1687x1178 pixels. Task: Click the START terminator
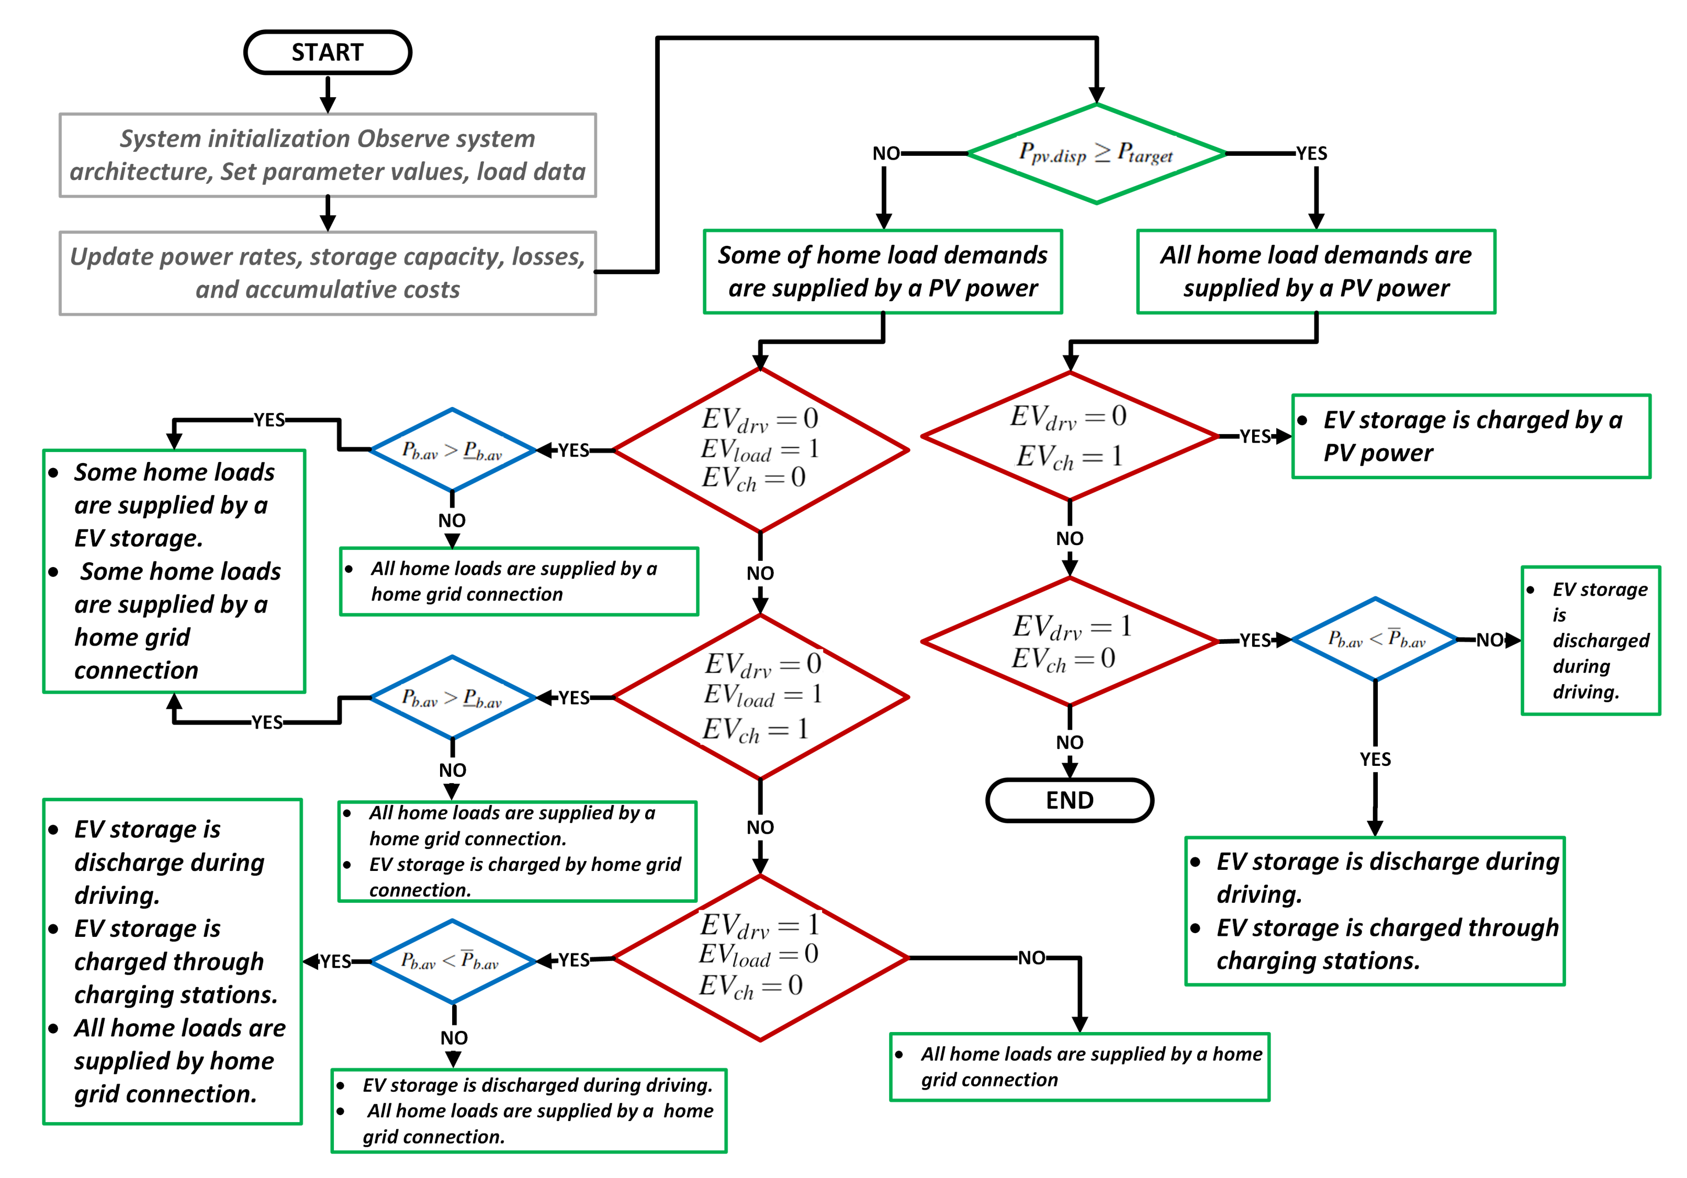[327, 52]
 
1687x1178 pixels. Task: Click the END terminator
[1069, 800]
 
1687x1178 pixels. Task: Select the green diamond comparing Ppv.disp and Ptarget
[1096, 153]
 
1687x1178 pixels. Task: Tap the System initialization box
[328, 155]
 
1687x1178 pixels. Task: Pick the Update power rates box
[328, 273]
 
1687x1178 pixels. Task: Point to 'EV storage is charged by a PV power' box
[1470, 436]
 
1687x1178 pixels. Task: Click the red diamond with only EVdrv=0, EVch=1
[1069, 436]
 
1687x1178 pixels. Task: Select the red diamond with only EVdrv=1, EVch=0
[1069, 641]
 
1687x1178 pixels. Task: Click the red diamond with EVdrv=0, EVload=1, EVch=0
[760, 449]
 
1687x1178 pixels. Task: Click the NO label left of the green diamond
[885, 153]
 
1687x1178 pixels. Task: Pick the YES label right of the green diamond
[1311, 153]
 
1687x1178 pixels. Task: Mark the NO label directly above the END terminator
[1069, 742]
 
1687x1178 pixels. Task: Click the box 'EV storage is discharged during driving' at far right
[1590, 640]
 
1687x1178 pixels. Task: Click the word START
[327, 52]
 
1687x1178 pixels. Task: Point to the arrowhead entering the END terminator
[1069, 771]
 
